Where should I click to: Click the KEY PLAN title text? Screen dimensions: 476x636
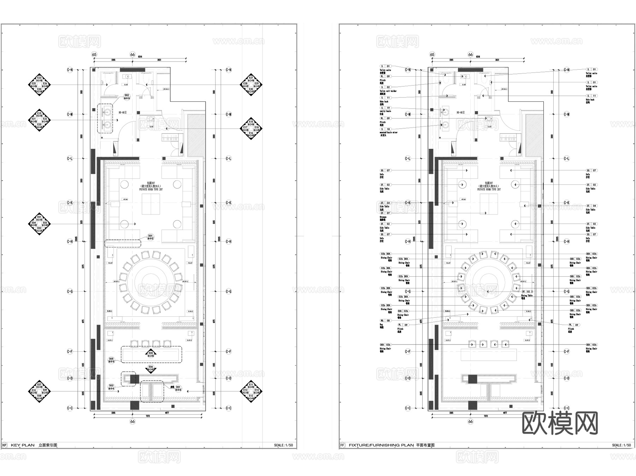click(x=23, y=445)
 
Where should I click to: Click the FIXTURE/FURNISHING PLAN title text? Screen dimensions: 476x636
click(x=381, y=445)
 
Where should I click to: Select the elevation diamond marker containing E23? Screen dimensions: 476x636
click(x=39, y=85)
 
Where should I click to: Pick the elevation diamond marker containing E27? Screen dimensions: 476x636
click(x=251, y=85)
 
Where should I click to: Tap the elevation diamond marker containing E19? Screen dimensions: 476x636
click(x=39, y=120)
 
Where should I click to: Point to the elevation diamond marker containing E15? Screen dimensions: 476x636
click(x=251, y=129)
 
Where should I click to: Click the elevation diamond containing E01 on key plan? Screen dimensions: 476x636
click(x=39, y=224)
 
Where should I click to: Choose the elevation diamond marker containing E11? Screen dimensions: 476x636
click(x=251, y=392)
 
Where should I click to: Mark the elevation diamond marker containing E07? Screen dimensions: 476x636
click(x=39, y=392)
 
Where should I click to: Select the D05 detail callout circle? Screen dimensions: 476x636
click(x=111, y=360)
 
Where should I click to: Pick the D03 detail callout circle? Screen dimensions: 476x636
click(x=111, y=387)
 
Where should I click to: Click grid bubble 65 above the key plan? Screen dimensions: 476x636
click(x=94, y=54)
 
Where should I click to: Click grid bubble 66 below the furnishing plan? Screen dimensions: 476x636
click(x=470, y=421)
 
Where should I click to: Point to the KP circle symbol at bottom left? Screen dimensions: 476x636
click(x=4, y=445)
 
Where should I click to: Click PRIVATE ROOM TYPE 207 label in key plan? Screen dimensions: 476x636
click(x=151, y=189)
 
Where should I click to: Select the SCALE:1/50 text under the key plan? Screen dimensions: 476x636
click(x=283, y=445)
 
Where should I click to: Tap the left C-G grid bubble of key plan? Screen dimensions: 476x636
click(x=70, y=292)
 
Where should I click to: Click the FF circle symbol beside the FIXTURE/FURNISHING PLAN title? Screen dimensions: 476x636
click(x=342, y=445)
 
